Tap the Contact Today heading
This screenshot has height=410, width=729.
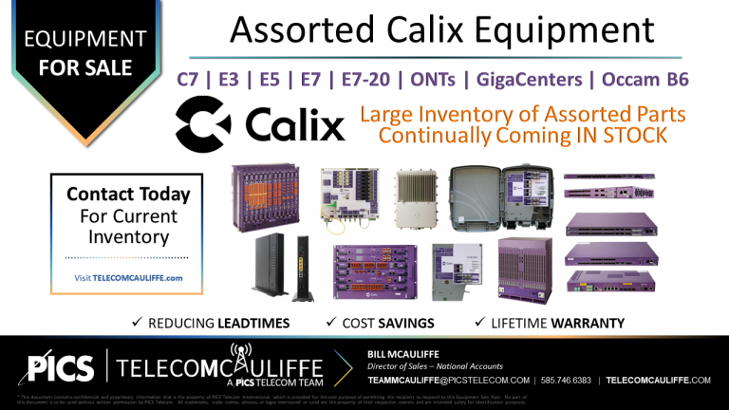tap(128, 195)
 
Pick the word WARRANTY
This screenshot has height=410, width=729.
tap(589, 324)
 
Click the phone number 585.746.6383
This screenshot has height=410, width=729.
tap(568, 380)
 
